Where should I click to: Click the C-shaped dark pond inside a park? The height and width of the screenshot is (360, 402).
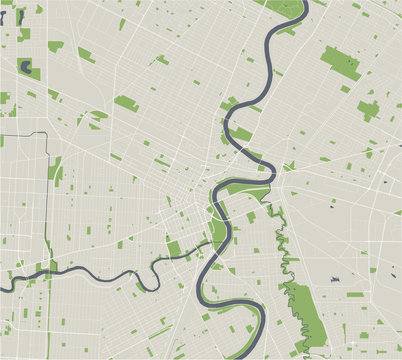25,68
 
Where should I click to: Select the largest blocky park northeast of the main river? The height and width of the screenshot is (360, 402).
340,63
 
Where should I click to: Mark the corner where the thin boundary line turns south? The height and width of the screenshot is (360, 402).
48,134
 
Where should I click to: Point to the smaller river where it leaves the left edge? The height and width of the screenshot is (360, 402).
3,286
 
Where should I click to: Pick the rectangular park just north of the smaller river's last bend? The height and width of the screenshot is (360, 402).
174,247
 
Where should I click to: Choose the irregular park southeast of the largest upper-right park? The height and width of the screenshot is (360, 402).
368,109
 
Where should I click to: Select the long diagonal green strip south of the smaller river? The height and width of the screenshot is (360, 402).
155,330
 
